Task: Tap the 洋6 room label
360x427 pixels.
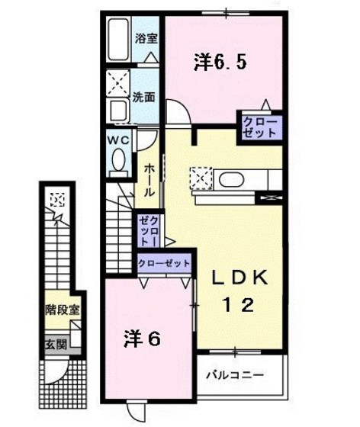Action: click(142, 339)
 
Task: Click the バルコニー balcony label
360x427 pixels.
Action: click(237, 376)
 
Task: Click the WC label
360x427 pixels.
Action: click(118, 140)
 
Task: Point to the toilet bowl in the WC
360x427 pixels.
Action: click(118, 161)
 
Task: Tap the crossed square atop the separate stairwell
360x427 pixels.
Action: click(56, 200)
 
